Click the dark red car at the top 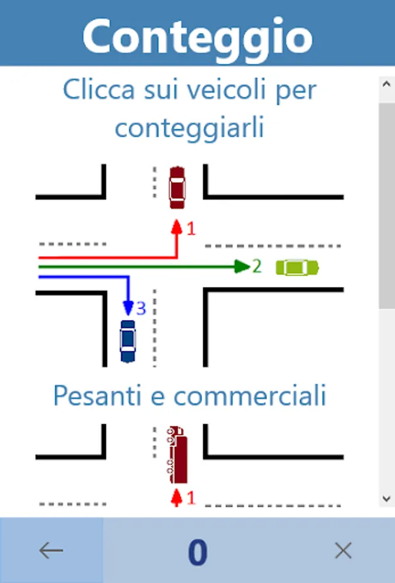tap(176, 188)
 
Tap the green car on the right tap(297, 267)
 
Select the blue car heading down tap(128, 340)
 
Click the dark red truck tap(176, 455)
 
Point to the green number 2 tap(257, 266)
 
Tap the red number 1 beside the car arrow tap(190, 229)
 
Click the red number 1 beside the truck tap(190, 497)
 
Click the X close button tap(343, 551)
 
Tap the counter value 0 tap(198, 552)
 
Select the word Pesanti tap(98, 395)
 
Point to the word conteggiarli tap(189, 128)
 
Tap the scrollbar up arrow tap(387, 85)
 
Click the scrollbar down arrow tap(387, 498)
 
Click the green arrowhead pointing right tap(242, 266)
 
